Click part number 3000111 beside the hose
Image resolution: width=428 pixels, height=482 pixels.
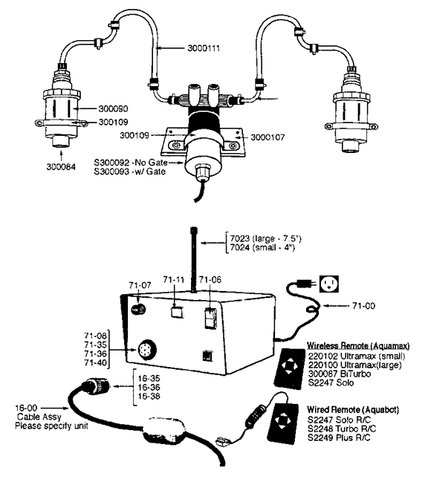[x=204, y=48]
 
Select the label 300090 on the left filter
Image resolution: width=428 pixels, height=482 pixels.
[x=113, y=109]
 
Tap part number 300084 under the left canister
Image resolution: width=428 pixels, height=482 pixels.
[x=61, y=167]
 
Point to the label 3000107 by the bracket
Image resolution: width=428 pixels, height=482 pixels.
[x=267, y=137]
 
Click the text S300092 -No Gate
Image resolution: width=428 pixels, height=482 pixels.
[x=131, y=163]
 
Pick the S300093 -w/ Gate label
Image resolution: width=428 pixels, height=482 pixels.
[x=130, y=172]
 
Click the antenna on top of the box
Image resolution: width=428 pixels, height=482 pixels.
[x=193, y=260]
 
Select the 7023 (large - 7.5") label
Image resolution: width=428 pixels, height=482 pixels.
[x=265, y=238]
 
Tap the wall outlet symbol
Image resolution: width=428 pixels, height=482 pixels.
[x=329, y=284]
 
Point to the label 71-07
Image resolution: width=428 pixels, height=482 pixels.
[x=140, y=285]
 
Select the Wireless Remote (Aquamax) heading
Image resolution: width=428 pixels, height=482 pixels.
[x=358, y=346]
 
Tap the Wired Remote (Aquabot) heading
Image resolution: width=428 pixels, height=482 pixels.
[x=353, y=409]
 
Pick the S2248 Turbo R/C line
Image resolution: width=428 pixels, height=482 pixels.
[x=342, y=429]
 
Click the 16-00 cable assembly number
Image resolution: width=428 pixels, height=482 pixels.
[x=26, y=408]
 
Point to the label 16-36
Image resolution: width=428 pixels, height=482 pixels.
[x=149, y=388]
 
